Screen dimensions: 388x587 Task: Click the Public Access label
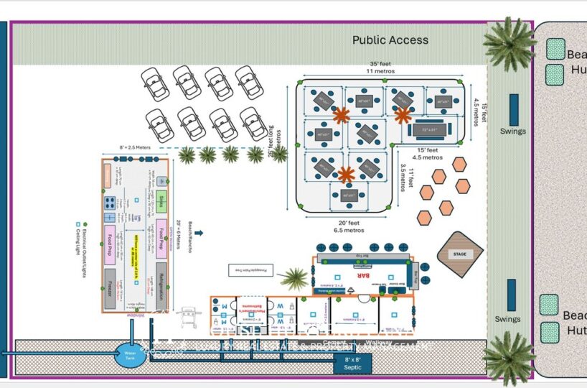pos(390,40)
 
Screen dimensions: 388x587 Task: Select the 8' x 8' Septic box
pos(352,363)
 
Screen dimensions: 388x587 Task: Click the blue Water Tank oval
pos(131,353)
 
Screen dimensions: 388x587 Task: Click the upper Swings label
pos(513,131)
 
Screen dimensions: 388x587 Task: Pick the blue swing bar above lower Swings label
pos(512,295)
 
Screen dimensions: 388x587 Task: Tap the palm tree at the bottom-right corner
pos(510,357)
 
